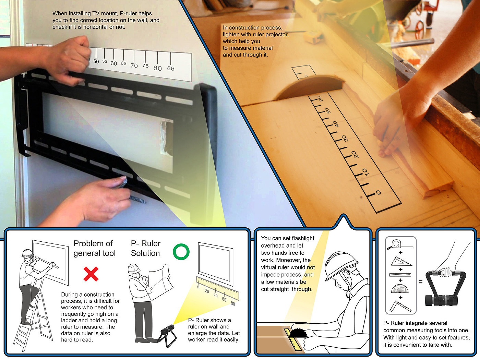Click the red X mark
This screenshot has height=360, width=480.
click(91, 274)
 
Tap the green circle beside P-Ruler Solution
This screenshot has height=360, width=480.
click(181, 252)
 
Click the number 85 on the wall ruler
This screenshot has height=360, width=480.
click(171, 69)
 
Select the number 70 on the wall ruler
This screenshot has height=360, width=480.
click(134, 65)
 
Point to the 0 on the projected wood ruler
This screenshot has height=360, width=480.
click(378, 192)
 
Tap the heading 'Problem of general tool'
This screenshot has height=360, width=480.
click(95, 248)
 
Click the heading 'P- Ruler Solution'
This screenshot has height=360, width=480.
click(146, 248)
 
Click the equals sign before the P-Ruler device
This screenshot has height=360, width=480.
click(421, 282)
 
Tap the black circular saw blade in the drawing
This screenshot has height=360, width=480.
click(298, 334)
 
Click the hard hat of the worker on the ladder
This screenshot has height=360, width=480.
click(27, 253)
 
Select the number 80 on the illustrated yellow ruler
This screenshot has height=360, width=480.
click(233, 303)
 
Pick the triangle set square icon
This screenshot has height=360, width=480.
click(401, 261)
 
